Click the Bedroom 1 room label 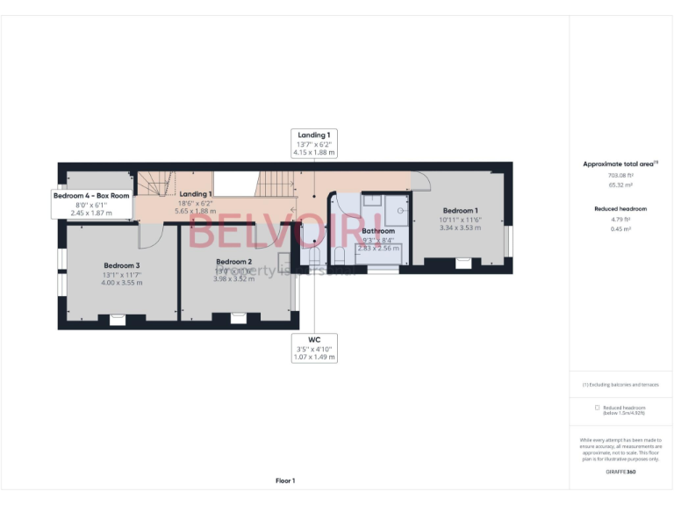(460, 211)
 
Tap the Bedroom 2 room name (233, 262)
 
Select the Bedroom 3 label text (122, 265)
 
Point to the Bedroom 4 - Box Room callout (91, 196)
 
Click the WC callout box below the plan (314, 348)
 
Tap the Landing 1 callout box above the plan (314, 143)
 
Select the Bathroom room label (378, 231)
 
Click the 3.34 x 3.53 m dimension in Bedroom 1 (462, 228)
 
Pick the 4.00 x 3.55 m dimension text (122, 282)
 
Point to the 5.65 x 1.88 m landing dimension (195, 211)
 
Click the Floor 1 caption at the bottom (285, 481)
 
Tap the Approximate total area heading (620, 164)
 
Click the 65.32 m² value (620, 186)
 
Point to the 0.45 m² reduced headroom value (620, 230)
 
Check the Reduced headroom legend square (598, 408)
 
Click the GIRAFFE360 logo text (620, 472)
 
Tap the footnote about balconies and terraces (620, 385)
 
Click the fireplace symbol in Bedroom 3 (117, 322)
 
